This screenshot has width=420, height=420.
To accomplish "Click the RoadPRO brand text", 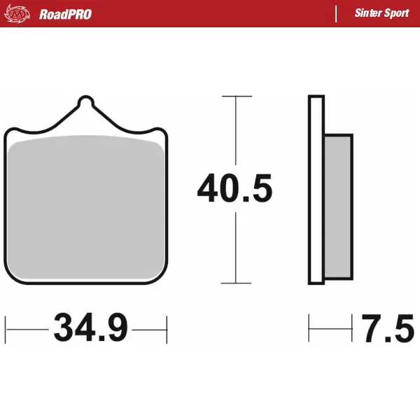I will click(x=65, y=14).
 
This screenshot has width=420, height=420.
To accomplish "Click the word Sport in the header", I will click(x=398, y=14).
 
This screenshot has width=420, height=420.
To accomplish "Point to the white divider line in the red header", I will click(x=336, y=14).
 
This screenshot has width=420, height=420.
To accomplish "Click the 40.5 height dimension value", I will click(x=234, y=190).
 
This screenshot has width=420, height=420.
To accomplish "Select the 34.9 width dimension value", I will click(x=90, y=327).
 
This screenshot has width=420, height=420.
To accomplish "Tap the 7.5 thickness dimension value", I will click(x=388, y=327).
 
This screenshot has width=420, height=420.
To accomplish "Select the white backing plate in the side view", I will click(x=316, y=190).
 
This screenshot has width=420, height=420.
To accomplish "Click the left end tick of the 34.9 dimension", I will click(x=6, y=327).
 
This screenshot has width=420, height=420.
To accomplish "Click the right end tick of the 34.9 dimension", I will click(x=167, y=327).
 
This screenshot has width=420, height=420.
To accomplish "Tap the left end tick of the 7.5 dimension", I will click(x=309, y=327).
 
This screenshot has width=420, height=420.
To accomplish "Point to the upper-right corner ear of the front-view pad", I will click(x=160, y=133).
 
